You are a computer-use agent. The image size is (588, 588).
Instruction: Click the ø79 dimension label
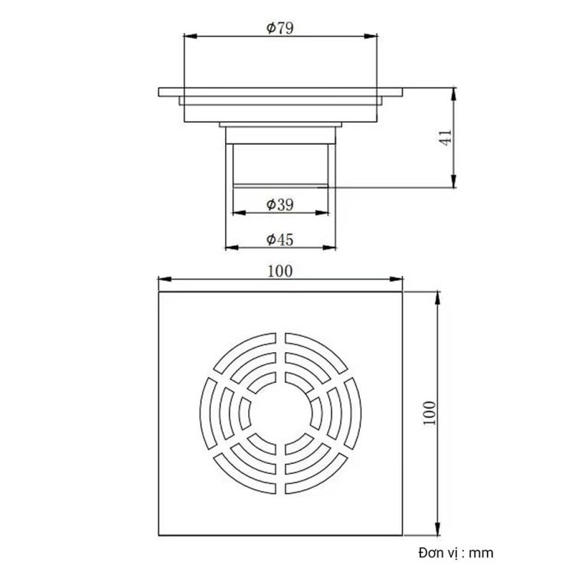(280, 28)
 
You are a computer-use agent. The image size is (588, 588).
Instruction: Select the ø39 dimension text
(280, 204)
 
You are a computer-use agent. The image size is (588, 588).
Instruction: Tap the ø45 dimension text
(280, 240)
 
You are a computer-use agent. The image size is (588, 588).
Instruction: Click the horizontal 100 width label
(280, 270)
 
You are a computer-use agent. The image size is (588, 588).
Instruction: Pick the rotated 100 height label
(428, 413)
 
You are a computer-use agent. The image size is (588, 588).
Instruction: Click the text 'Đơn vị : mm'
(456, 553)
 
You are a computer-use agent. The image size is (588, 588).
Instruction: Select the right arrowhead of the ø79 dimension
(375, 36)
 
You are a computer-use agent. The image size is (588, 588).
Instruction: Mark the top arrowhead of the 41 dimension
(456, 93)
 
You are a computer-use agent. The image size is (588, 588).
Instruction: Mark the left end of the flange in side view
(160, 93)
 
